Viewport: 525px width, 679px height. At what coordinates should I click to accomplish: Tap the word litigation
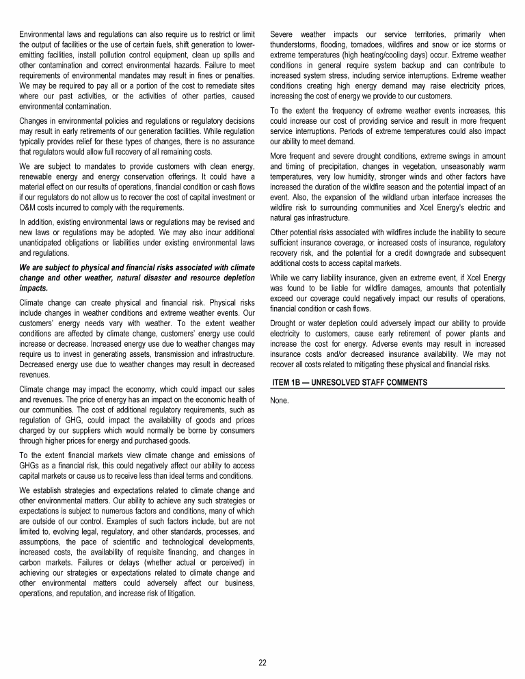pos(177,593)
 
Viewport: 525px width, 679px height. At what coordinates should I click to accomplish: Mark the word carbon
pos(32,561)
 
